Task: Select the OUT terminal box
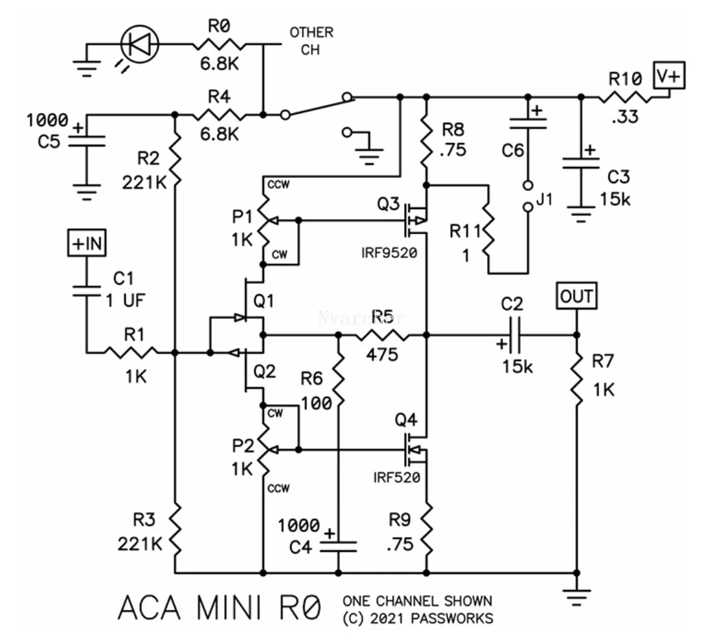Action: tap(576, 296)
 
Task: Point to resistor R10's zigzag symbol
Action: tap(625, 98)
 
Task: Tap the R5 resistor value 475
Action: tap(382, 354)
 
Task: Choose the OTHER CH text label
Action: tap(311, 41)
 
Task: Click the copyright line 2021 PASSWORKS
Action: tap(418, 619)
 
